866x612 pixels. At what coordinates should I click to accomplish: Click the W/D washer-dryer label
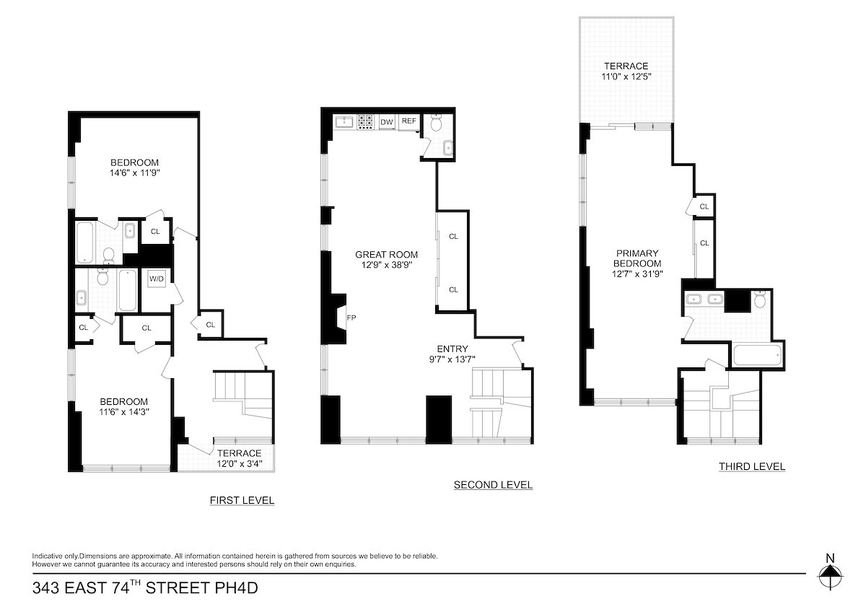tap(157, 279)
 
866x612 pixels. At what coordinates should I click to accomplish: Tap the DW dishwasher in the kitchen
tap(387, 122)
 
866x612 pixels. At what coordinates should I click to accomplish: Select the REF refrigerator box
tap(408, 121)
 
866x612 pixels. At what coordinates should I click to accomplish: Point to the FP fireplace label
tap(351, 318)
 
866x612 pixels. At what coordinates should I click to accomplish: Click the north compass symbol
tap(830, 575)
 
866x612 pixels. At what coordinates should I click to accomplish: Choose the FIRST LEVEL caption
tap(242, 500)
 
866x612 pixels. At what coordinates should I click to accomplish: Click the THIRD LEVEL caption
tap(751, 467)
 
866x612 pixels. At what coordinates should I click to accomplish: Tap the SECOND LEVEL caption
tap(493, 485)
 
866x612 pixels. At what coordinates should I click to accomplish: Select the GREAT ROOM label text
tap(386, 254)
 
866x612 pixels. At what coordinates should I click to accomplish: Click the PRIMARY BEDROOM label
tap(637, 258)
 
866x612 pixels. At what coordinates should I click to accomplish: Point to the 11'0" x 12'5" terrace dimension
tap(626, 76)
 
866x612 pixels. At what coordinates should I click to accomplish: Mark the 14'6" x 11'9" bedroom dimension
tap(134, 173)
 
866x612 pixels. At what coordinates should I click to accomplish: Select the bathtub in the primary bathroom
tap(756, 355)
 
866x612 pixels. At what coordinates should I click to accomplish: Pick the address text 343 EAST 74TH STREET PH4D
tap(145, 588)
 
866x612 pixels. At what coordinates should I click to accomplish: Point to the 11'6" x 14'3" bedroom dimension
tap(123, 413)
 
